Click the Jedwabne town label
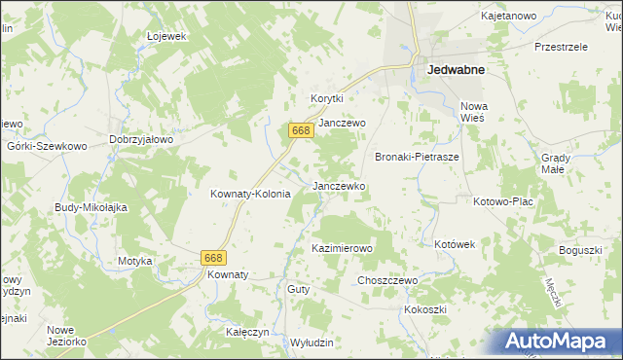click(456, 69)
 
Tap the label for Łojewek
click(165, 36)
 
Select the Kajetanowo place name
click(509, 17)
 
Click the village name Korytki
click(328, 98)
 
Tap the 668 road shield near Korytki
click(300, 129)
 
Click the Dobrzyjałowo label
click(141, 139)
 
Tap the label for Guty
click(298, 289)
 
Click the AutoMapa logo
click(561, 340)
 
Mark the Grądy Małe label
click(553, 162)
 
